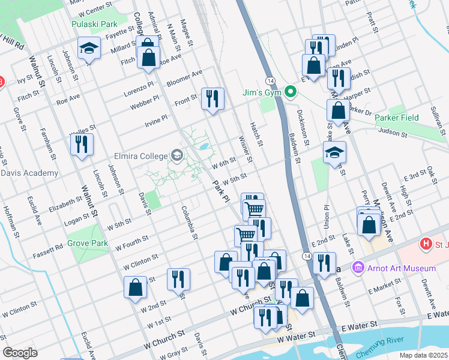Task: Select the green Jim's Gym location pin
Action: [x=291, y=92]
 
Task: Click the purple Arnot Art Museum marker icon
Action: [x=358, y=266]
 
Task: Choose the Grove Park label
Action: [x=88, y=244]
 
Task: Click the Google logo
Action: [x=20, y=353]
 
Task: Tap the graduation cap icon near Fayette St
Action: [x=88, y=48]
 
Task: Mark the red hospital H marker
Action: [x=426, y=244]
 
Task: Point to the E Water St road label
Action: [x=359, y=324]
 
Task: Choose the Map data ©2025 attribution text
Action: [x=423, y=355]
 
